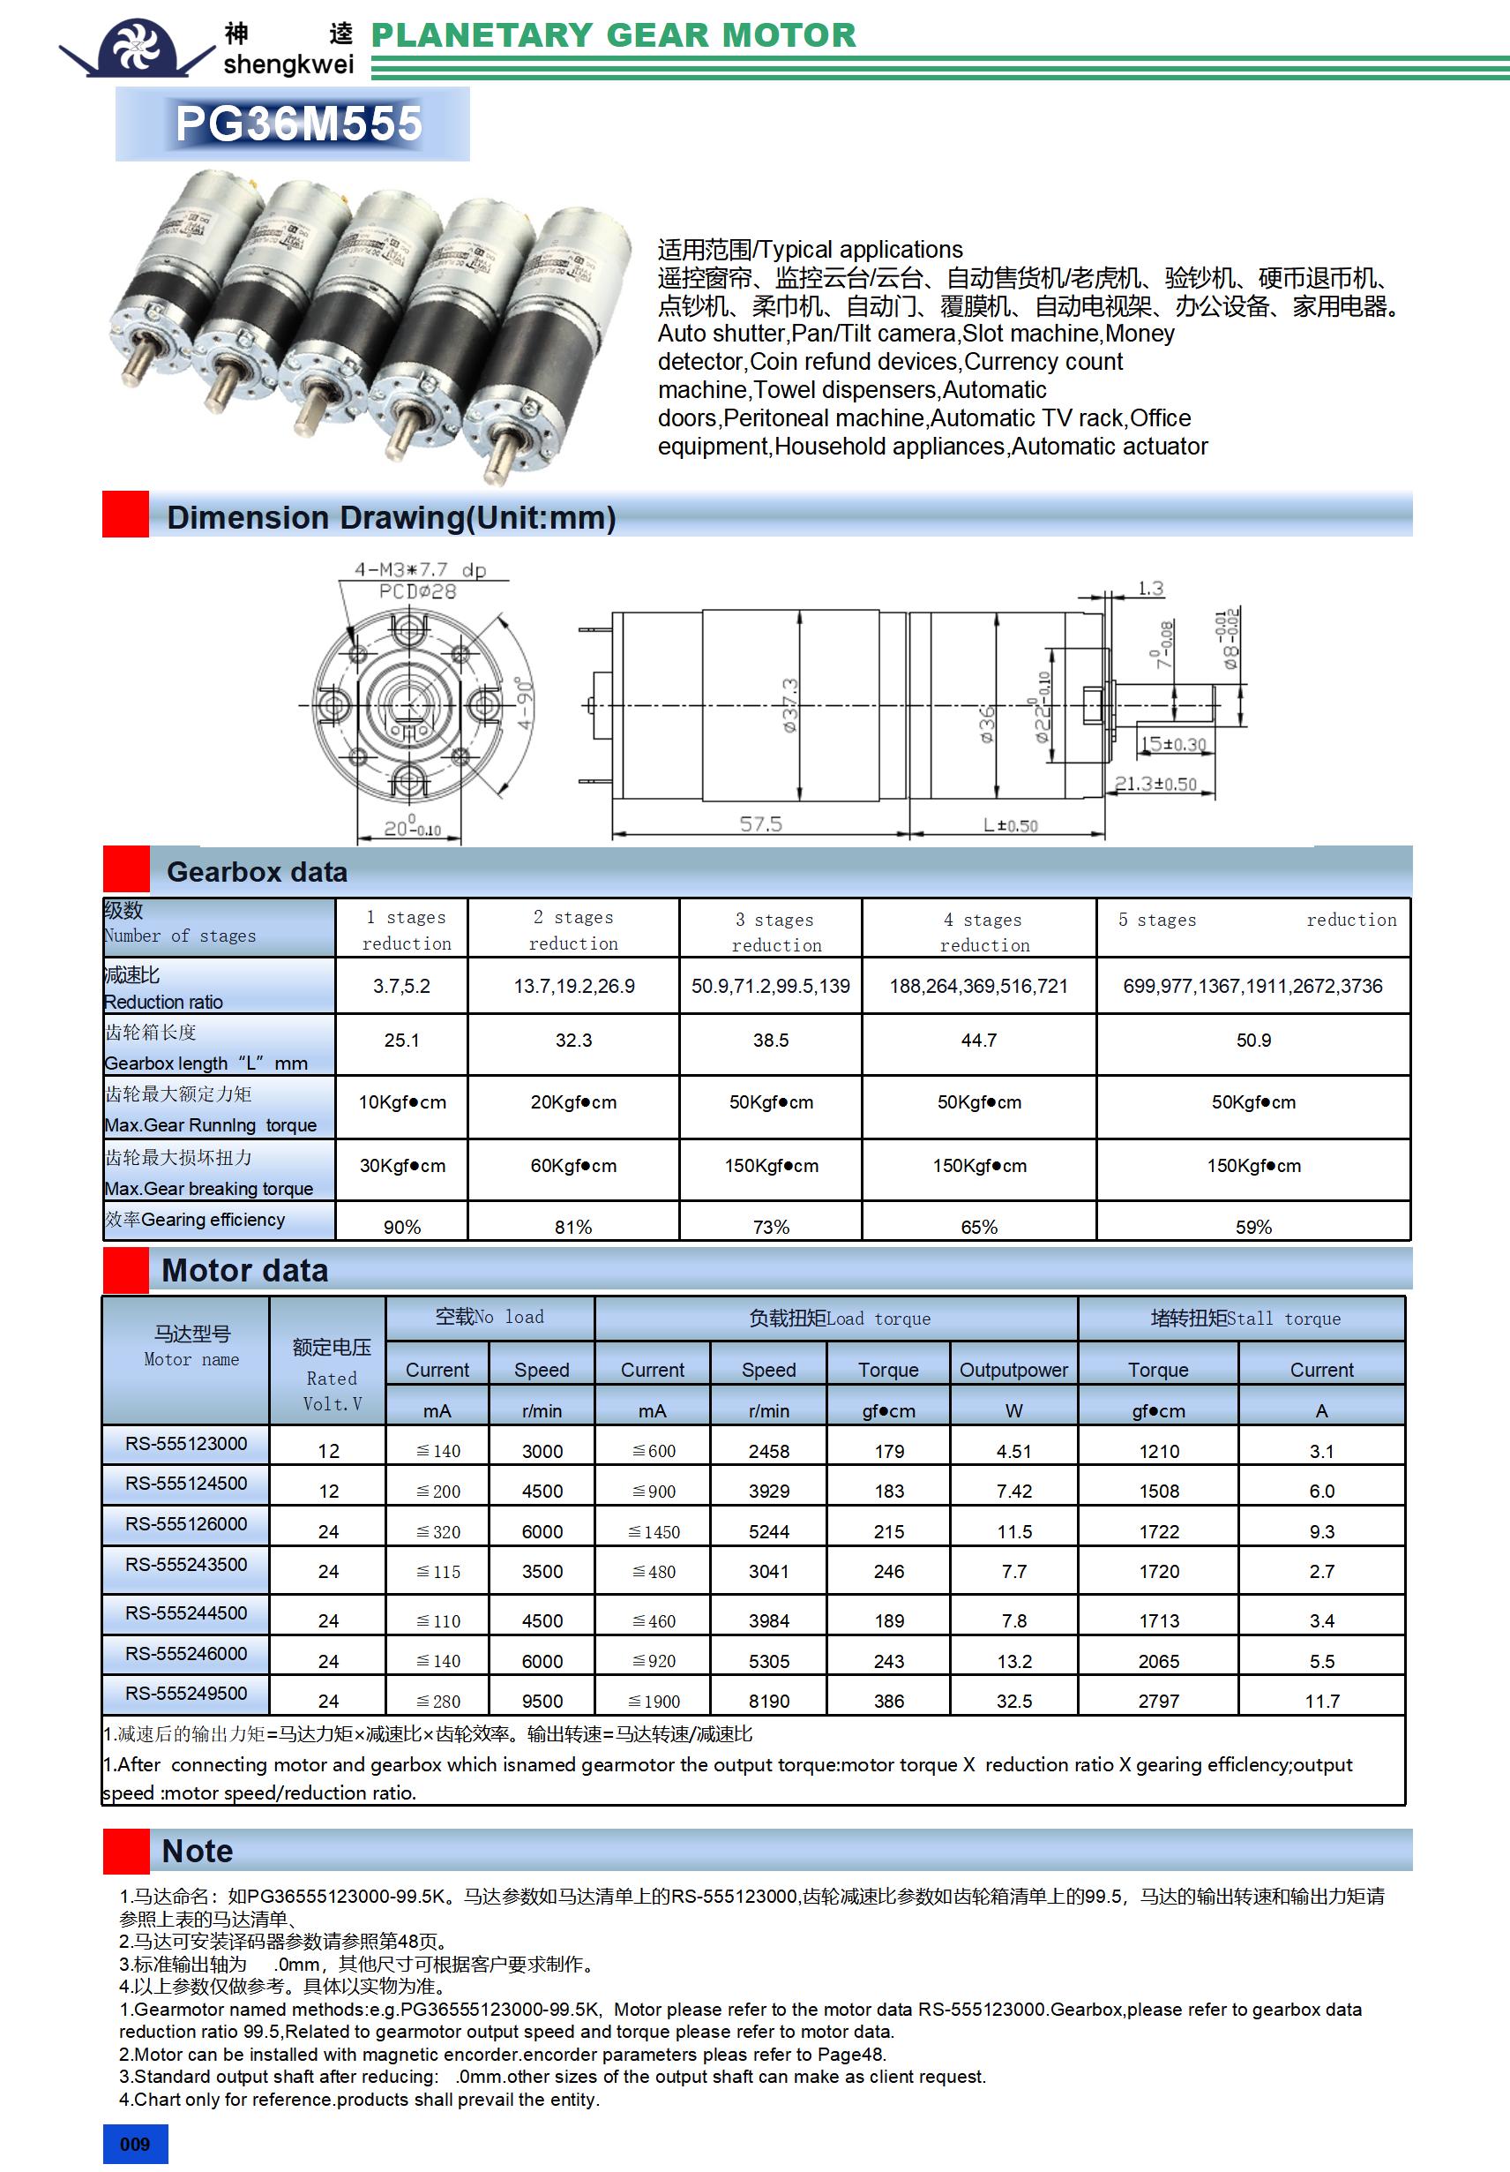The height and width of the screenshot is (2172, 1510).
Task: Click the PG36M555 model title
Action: (x=298, y=124)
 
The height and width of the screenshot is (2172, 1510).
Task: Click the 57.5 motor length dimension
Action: (x=760, y=824)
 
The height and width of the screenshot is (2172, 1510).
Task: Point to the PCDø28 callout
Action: (x=417, y=591)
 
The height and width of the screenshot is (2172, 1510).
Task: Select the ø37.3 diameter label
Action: (x=790, y=706)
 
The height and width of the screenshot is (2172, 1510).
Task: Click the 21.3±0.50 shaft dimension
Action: (x=1155, y=785)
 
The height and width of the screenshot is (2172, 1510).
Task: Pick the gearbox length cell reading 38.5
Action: (x=771, y=1041)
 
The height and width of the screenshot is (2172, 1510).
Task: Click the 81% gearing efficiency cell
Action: (x=573, y=1227)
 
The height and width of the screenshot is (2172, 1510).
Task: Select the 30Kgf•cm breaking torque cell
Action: (x=402, y=1166)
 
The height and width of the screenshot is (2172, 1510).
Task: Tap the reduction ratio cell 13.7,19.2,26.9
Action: (x=574, y=987)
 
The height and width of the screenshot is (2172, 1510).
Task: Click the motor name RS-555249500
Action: (x=186, y=1694)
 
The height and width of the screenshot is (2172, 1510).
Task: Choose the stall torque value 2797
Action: (x=1158, y=1701)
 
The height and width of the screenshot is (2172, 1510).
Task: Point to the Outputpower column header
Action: (x=1013, y=1370)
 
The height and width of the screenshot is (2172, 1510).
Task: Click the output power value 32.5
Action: (x=1013, y=1701)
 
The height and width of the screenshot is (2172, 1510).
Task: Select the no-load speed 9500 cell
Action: (x=542, y=1701)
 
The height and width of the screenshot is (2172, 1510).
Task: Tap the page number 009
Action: (x=134, y=2144)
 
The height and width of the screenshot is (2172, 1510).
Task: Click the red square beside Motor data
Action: (x=126, y=1269)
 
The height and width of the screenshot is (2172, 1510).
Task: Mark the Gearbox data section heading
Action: (x=258, y=872)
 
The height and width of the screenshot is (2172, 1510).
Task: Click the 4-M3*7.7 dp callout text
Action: (x=420, y=569)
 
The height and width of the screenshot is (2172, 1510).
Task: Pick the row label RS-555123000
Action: (x=186, y=1444)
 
